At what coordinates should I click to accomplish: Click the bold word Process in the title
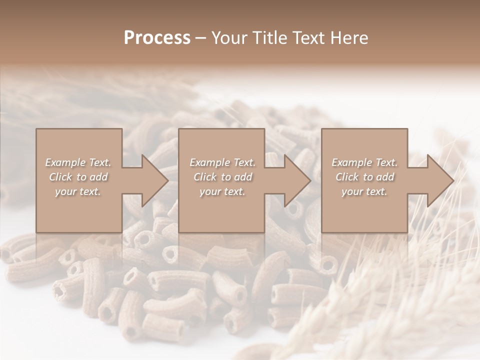tap(157, 38)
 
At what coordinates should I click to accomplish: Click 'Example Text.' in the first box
tap(78, 162)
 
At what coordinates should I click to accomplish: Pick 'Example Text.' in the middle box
tap(222, 162)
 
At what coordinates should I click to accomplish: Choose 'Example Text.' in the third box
tap(364, 162)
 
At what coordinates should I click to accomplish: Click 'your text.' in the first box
tap(78, 191)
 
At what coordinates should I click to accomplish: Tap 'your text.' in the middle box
tap(222, 191)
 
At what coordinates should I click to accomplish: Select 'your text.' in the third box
tap(364, 191)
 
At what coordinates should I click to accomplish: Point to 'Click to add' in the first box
tap(78, 177)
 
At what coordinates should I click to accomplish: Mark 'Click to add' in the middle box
tap(222, 177)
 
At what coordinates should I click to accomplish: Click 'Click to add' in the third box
tap(364, 177)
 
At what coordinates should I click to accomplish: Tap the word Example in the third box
tap(352, 162)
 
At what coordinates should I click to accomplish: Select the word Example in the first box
tap(65, 162)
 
